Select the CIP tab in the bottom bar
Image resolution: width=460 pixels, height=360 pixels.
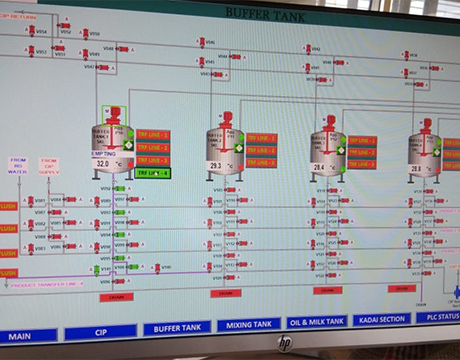click(100, 332)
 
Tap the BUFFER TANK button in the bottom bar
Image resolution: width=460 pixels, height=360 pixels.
click(178, 329)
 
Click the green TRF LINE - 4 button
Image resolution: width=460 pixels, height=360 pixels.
click(153, 172)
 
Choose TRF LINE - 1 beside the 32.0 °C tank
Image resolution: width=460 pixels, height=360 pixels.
click(153, 135)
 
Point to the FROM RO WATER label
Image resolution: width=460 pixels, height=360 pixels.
click(19, 164)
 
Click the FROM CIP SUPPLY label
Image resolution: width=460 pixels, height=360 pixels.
click(49, 164)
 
